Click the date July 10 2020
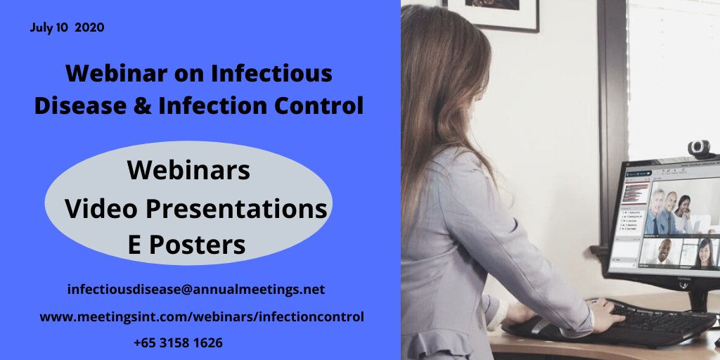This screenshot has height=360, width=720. (68, 28)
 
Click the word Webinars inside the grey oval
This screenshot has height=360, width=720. (188, 171)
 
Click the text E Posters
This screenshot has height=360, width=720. (186, 244)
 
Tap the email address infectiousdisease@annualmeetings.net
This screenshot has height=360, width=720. (196, 289)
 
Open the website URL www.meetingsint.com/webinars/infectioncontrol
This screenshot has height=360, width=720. (202, 317)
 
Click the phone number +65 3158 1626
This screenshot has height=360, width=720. (178, 343)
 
